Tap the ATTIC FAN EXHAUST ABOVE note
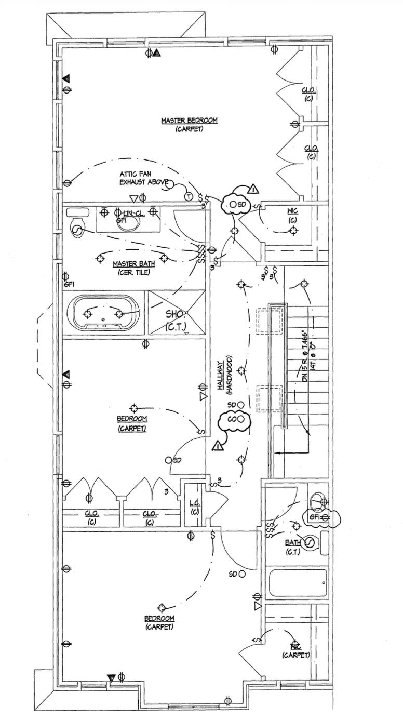tap(144, 178)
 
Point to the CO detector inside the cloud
tap(233, 419)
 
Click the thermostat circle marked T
tap(189, 196)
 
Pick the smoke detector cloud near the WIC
tap(236, 204)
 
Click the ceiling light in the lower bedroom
tap(162, 608)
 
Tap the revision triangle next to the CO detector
tap(218, 445)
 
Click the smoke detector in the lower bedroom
tap(241, 574)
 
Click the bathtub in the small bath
tap(297, 583)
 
